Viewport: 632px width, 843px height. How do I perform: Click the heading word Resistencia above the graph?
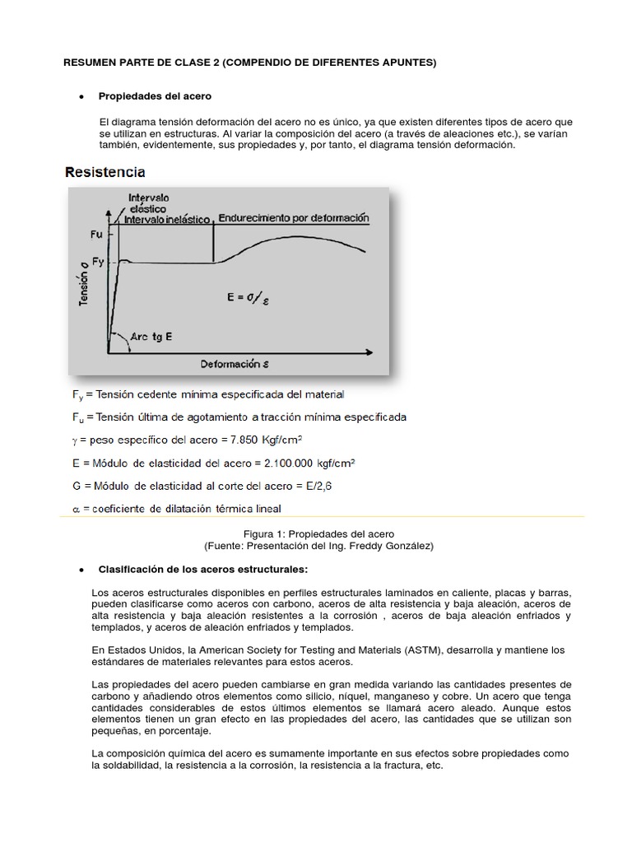pos(105,172)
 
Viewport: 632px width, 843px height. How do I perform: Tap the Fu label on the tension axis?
pos(96,234)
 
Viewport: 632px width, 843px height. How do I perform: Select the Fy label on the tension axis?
pos(96,261)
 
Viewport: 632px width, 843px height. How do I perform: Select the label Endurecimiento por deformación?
pos(292,219)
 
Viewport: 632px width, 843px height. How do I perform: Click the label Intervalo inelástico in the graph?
pos(169,219)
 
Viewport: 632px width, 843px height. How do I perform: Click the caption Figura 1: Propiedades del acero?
pos(324,533)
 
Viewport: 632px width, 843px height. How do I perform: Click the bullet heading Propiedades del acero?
pos(155,96)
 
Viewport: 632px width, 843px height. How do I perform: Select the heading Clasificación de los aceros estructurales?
pos(202,569)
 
